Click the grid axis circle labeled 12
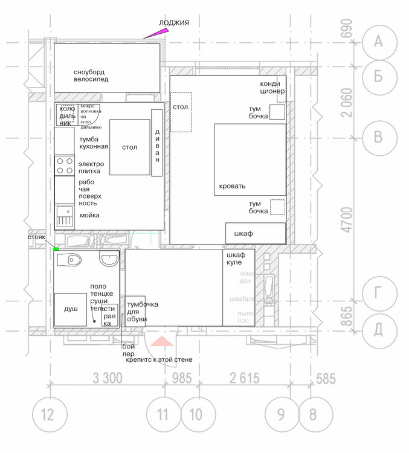pos(47,415)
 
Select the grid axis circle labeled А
pos(378,41)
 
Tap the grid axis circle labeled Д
pos(378,330)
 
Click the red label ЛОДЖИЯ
pos(174,23)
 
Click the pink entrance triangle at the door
pos(161,342)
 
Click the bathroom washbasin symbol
pos(109,259)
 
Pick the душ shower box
pos(71,309)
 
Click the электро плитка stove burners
pos(63,166)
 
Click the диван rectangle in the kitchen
pos(157,143)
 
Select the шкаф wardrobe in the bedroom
pos(256,233)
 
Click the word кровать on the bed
pos(233,186)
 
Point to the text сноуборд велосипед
pos(91,75)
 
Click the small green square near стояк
pos(56,249)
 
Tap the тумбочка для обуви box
pos(135,311)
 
